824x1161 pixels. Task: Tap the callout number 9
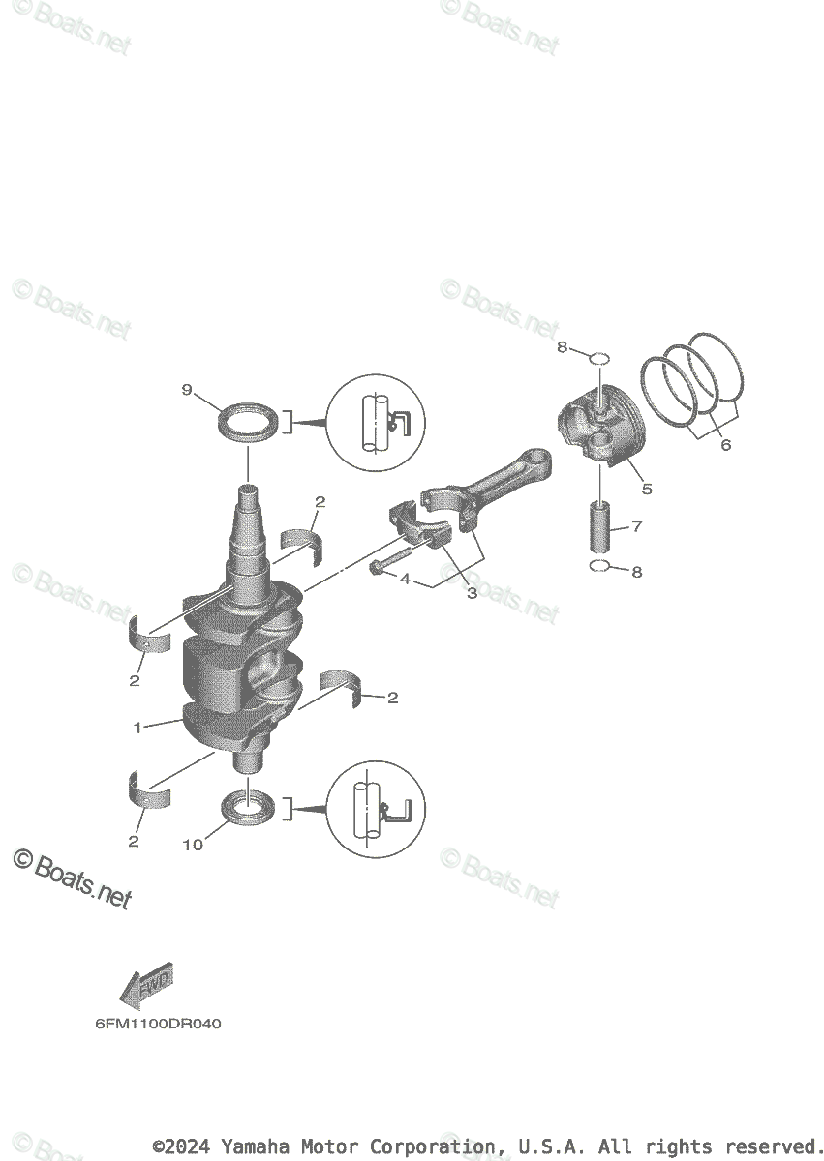[187, 390]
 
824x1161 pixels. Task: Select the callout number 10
[193, 845]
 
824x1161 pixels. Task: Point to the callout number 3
[472, 593]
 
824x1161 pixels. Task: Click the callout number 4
[405, 580]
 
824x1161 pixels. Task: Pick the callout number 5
[646, 489]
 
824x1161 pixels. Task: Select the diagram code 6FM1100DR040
[158, 1024]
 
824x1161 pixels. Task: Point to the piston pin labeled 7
[601, 527]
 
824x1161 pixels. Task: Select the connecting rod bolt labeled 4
[388, 565]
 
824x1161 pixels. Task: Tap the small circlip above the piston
[599, 359]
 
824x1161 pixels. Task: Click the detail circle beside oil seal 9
[377, 423]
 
